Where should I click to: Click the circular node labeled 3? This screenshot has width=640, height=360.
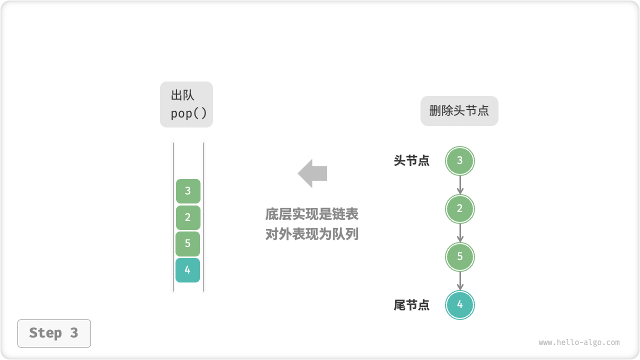pyautogui.click(x=459, y=161)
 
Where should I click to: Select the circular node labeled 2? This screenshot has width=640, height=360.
pyautogui.click(x=459, y=209)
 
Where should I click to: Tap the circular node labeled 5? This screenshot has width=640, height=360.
pyautogui.click(x=459, y=256)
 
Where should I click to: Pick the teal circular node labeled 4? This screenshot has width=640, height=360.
pyautogui.click(x=459, y=304)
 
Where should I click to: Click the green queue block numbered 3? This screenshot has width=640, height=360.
pyautogui.click(x=188, y=191)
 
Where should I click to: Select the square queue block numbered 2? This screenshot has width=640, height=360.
pyautogui.click(x=188, y=217)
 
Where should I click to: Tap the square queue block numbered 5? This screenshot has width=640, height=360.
pyautogui.click(x=188, y=244)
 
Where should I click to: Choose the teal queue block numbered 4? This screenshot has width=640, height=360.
pyautogui.click(x=188, y=270)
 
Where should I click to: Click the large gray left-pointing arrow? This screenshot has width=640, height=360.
pyautogui.click(x=312, y=173)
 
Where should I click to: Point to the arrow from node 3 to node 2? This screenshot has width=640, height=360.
pyautogui.click(x=460, y=185)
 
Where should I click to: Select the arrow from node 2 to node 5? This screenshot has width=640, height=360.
pyautogui.click(x=460, y=233)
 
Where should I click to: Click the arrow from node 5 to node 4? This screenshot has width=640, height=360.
pyautogui.click(x=460, y=280)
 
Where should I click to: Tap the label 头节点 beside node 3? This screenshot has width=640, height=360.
pyautogui.click(x=411, y=161)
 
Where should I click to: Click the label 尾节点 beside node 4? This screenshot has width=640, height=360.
pyautogui.click(x=411, y=305)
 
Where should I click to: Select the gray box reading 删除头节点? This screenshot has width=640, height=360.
pyautogui.click(x=459, y=111)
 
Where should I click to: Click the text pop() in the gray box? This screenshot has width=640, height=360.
pyautogui.click(x=188, y=114)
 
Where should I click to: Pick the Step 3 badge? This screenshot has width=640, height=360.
pyautogui.click(x=54, y=333)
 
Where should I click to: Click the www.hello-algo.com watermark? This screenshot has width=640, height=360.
pyautogui.click(x=579, y=342)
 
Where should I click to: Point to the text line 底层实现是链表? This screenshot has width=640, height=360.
pyautogui.click(x=312, y=214)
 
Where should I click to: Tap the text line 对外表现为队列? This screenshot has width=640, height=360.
pyautogui.click(x=312, y=234)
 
